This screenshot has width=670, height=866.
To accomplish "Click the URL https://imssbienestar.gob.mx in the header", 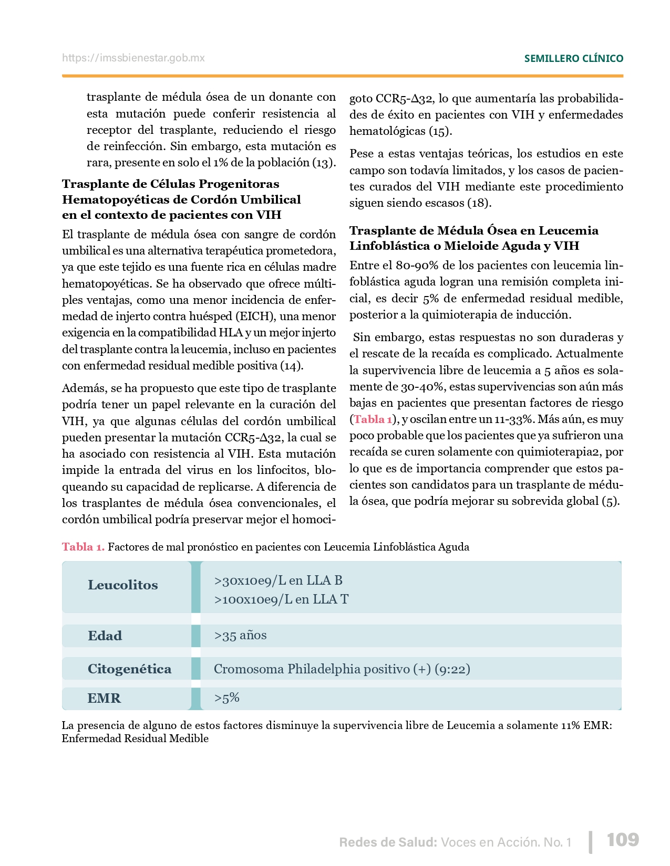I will click(x=133, y=58).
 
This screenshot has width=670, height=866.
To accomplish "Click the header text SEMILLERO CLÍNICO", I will click(x=573, y=58).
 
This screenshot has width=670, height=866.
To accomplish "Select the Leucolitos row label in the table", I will click(x=122, y=585).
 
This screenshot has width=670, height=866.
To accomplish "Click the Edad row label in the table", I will click(x=105, y=636).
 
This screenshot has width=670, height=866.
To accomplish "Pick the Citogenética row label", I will click(x=129, y=669).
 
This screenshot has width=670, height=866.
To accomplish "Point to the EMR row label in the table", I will click(x=104, y=698).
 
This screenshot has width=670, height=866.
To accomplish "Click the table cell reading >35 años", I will click(x=240, y=635).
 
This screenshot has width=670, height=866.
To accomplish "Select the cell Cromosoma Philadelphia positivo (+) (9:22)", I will click(x=342, y=669).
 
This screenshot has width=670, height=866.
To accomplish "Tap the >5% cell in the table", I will click(x=226, y=698).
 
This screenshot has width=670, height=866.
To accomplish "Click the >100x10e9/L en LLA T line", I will click(x=281, y=599).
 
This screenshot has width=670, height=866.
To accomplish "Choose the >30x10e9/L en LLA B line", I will click(x=278, y=580).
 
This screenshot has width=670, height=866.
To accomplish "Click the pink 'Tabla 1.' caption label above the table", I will click(x=83, y=547).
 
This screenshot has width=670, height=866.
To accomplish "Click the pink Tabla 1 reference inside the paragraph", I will click(x=373, y=419).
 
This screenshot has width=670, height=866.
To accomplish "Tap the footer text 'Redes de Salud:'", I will click(x=388, y=842).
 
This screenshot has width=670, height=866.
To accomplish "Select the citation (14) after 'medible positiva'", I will click(x=292, y=366).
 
